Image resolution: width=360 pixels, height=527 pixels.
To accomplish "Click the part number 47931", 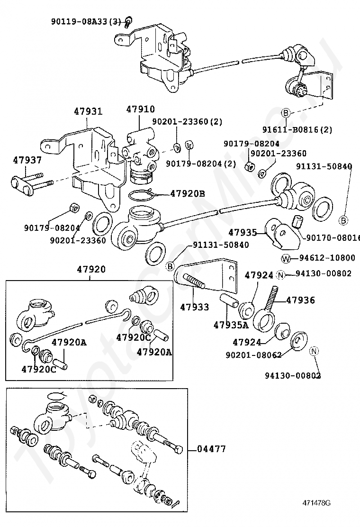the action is coord(88,111).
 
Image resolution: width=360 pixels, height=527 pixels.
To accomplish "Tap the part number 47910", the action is coord(141,109).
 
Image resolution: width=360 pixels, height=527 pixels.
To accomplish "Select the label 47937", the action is coord(27,160).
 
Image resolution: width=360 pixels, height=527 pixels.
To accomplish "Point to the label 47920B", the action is coord(188,193).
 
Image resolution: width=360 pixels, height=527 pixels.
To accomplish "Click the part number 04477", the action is coord(211,449).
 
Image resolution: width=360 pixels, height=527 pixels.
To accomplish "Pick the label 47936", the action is coord(301,300).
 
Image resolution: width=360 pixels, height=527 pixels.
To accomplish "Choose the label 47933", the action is coord(194,307).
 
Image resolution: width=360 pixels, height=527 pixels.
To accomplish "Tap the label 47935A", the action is coord(231,325).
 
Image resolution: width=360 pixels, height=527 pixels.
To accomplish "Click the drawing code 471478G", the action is coord(316,503).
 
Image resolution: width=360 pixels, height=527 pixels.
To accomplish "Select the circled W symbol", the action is coord(286,258).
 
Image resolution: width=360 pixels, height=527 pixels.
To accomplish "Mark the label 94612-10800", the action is coord(327,258).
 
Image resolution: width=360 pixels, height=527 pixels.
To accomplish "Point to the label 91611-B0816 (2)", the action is coord(297,129).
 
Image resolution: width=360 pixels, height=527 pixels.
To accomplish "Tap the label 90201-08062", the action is coord(253,355).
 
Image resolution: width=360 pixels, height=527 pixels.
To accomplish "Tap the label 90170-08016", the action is coord(333,237).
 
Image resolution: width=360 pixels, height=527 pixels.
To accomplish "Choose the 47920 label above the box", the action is coord(91,269).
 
